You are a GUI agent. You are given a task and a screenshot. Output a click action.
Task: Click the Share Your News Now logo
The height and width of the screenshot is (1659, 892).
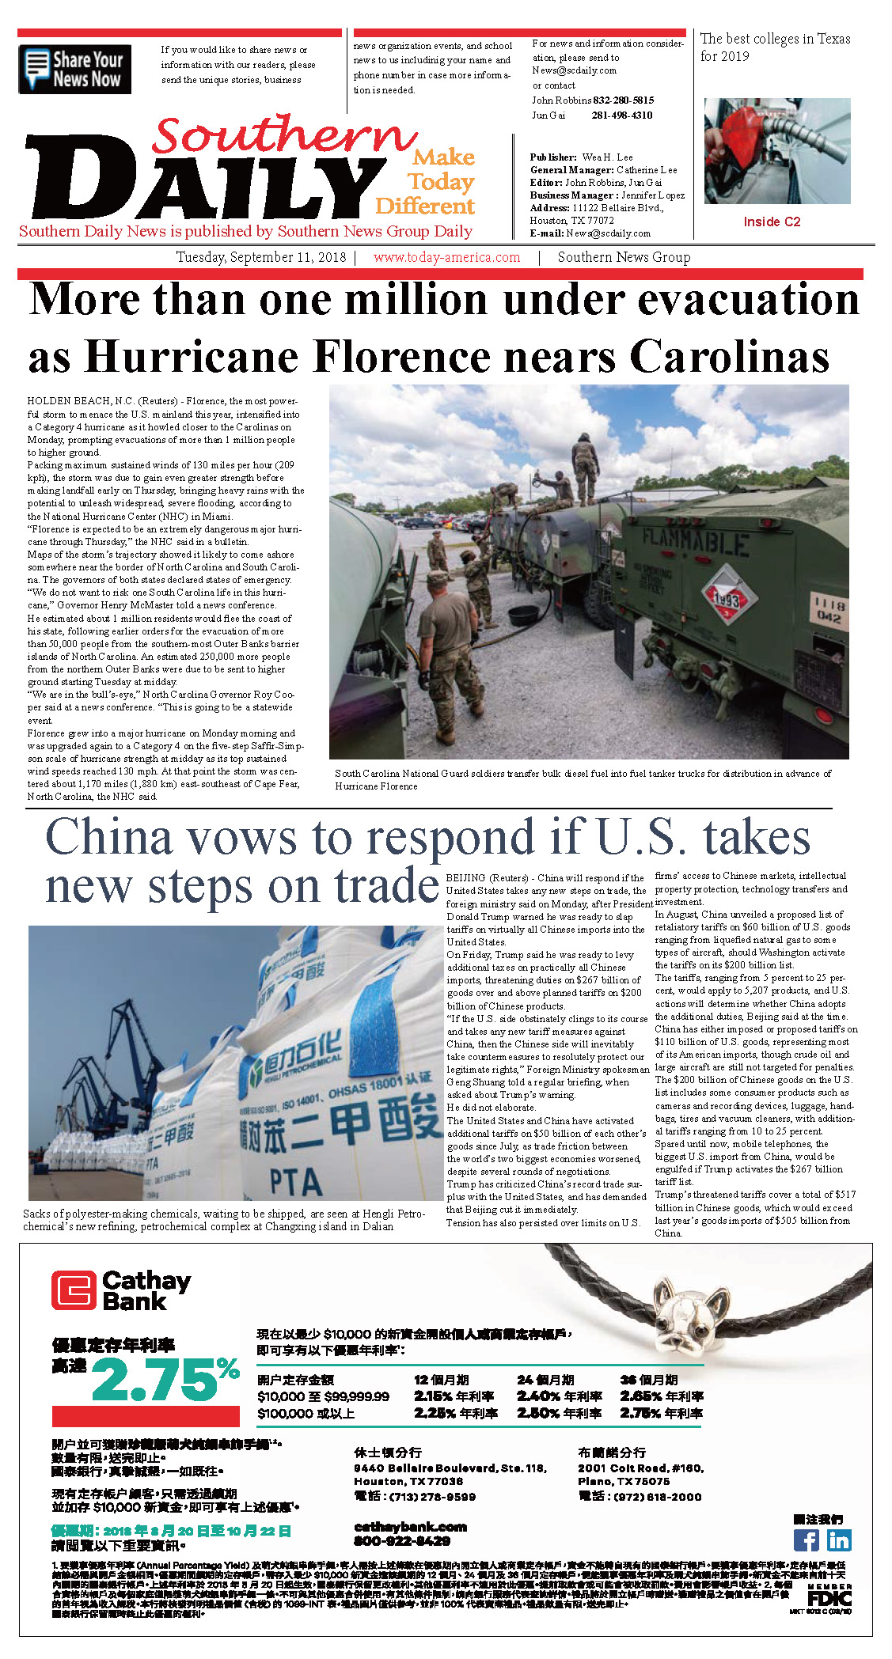(74, 69)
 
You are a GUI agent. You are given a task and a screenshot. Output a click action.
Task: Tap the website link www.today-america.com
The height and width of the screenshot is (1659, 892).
(446, 257)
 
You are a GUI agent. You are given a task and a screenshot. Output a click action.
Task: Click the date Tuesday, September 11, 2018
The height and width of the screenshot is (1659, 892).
(260, 257)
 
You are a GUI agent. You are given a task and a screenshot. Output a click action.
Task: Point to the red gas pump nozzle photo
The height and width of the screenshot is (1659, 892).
(776, 151)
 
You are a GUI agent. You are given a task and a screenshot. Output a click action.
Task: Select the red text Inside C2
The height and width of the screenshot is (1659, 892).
(771, 222)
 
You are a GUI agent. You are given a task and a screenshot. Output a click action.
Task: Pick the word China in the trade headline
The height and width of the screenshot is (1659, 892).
(109, 837)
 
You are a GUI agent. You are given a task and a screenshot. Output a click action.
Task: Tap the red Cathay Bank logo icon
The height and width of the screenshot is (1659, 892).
(74, 1290)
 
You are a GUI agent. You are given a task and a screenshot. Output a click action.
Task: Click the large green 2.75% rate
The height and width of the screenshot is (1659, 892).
(165, 1381)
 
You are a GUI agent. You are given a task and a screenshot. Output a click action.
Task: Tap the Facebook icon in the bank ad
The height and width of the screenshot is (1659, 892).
(806, 1540)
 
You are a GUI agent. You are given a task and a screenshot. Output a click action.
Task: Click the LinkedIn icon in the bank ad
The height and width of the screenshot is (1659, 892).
(838, 1540)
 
